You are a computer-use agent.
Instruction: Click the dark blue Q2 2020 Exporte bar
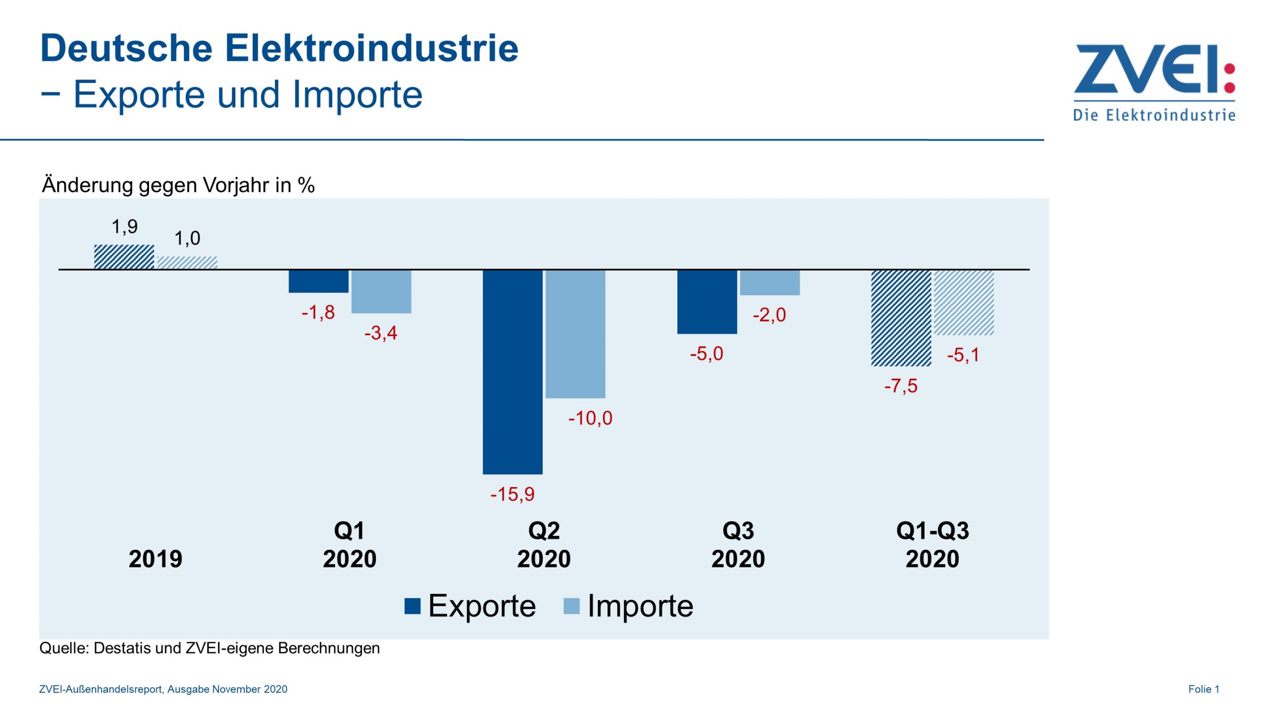[x=513, y=372]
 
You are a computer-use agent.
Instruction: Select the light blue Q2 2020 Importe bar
[x=575, y=334]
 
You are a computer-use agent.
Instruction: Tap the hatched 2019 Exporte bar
[x=124, y=257]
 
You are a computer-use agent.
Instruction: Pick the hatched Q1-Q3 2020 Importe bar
[x=964, y=302]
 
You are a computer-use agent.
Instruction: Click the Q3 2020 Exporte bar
[x=707, y=302]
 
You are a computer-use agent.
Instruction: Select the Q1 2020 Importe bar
[x=381, y=291]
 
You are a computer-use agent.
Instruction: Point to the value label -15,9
[x=512, y=494]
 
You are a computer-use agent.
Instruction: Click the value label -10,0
[x=590, y=418]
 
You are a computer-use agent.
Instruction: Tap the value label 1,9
[x=124, y=227]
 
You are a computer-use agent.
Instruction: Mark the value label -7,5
[x=900, y=386]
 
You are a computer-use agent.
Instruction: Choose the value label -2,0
[x=769, y=315]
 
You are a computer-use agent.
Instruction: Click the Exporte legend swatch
[x=412, y=606]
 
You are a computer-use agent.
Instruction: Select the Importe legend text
[x=640, y=606]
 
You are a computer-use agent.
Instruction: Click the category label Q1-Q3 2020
[x=932, y=545]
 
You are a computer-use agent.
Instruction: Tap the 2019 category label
[x=155, y=559]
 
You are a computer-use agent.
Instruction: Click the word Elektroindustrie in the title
[x=371, y=48]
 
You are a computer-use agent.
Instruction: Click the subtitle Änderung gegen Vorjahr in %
[x=178, y=185]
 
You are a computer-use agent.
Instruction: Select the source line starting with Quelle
[x=209, y=648]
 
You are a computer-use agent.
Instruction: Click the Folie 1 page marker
[x=1203, y=689]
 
